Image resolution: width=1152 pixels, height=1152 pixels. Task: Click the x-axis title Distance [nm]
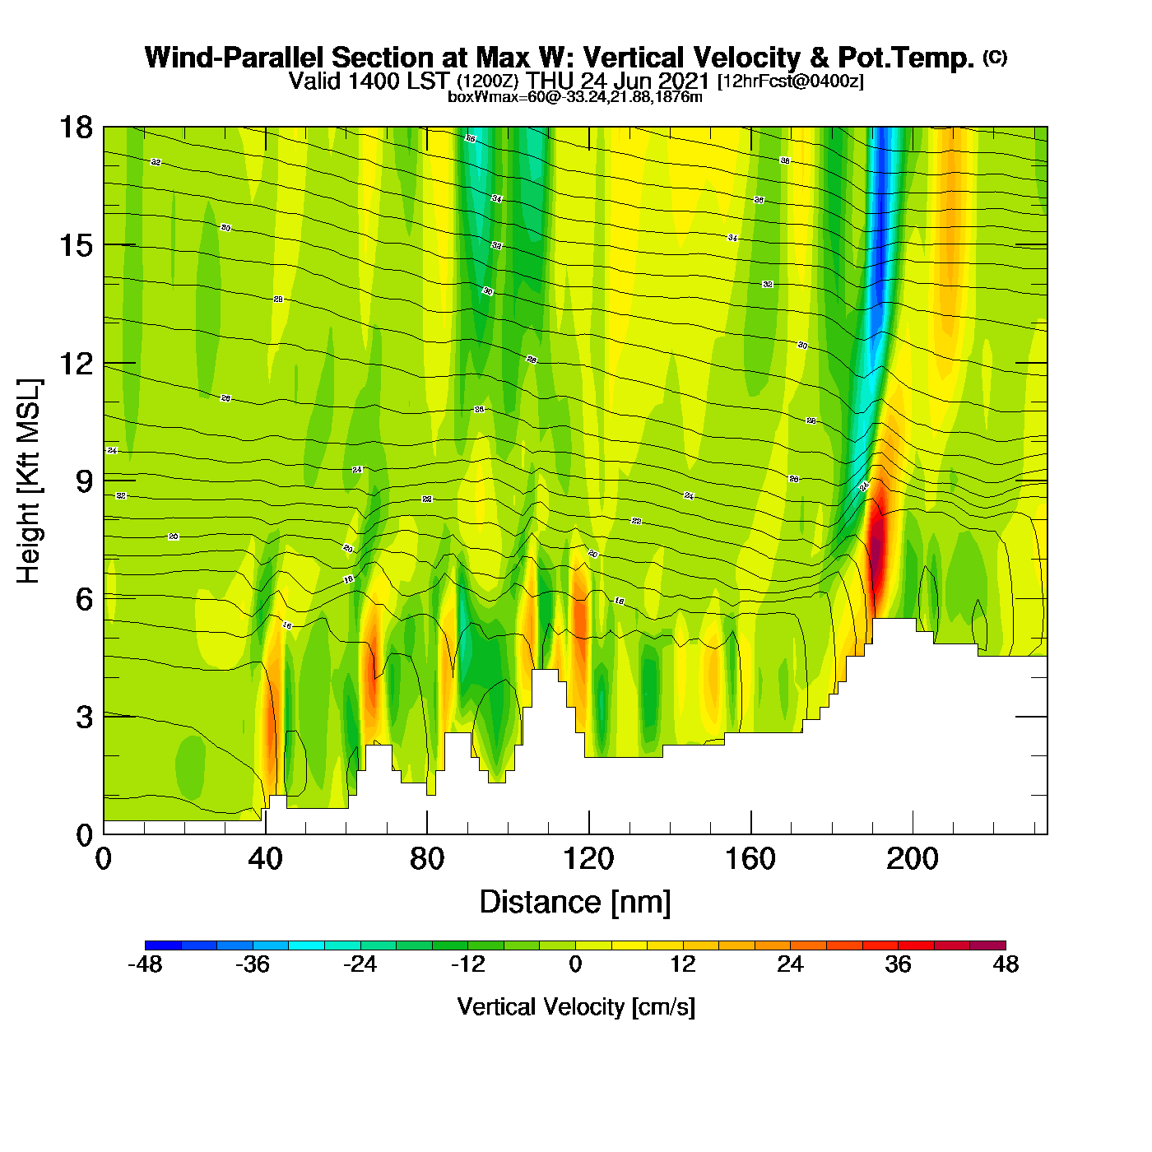coord(575,903)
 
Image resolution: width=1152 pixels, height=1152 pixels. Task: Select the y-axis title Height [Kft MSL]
coord(29,481)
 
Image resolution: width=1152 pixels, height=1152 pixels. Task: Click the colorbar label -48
coord(145,964)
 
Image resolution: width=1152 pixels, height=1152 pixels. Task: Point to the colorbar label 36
coord(898,964)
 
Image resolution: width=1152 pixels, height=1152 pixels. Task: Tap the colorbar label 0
coord(575,964)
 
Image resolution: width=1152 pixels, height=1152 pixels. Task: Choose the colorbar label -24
coord(360,964)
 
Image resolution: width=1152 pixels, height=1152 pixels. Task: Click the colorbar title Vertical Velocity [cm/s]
coord(575,1007)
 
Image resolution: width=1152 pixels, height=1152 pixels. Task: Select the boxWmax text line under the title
coord(575,97)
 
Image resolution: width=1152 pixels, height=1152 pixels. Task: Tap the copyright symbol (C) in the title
coord(995,57)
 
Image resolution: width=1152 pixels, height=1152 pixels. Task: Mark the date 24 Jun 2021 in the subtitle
coord(645,81)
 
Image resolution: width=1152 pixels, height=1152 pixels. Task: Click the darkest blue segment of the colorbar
coord(163,945)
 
